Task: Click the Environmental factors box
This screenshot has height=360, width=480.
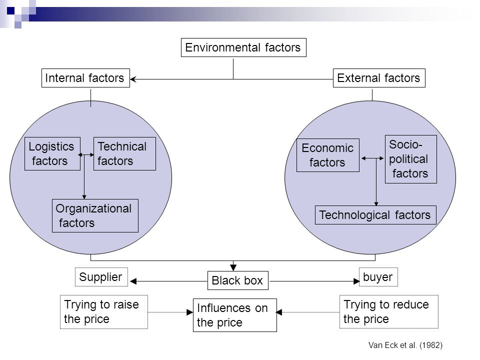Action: (243, 47)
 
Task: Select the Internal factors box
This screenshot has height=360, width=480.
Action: (85, 78)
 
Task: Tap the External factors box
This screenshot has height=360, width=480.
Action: (379, 78)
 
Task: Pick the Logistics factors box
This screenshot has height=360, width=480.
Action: (52, 153)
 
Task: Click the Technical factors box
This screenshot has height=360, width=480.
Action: (124, 153)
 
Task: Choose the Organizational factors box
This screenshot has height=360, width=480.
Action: (95, 216)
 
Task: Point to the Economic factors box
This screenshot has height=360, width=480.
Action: (328, 155)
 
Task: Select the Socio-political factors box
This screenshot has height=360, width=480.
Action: (411, 159)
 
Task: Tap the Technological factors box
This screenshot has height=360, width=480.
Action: (375, 215)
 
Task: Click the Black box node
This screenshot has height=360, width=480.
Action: (238, 280)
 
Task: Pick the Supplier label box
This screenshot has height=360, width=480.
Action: (101, 277)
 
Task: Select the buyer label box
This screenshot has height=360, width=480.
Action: (378, 277)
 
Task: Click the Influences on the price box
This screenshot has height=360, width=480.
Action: (235, 315)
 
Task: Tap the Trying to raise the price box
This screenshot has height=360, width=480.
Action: (104, 312)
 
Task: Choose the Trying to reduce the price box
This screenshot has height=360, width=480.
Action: (389, 311)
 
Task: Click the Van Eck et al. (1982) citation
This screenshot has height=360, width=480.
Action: (405, 345)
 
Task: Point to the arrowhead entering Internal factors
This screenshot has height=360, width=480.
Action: (133, 79)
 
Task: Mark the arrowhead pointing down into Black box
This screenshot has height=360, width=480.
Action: (233, 267)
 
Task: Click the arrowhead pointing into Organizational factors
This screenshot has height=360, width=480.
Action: (84, 197)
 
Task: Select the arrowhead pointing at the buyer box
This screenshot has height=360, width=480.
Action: (356, 281)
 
